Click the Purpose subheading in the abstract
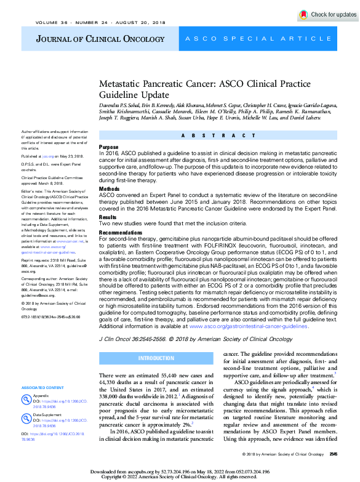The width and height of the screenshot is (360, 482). (109, 147)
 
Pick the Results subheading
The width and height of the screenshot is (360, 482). (108, 217)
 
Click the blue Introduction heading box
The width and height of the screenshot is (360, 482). (156, 358)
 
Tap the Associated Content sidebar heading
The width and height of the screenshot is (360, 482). (42, 387)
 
